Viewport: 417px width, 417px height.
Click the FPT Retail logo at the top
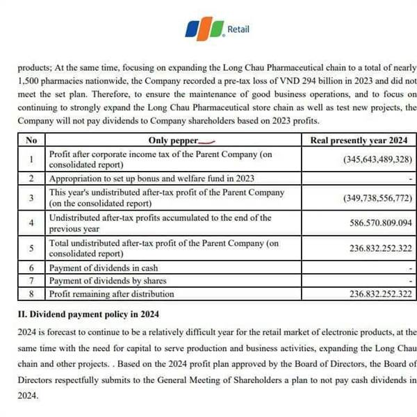point(216,30)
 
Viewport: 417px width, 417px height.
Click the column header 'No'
point(31,140)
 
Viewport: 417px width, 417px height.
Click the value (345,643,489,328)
point(378,159)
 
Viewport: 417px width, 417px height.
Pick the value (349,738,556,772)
point(378,198)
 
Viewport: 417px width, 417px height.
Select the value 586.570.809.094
point(378,224)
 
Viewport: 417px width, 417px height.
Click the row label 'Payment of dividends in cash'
point(104,268)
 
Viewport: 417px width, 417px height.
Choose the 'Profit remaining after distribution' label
point(112,294)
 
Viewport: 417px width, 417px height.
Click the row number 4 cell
point(31,223)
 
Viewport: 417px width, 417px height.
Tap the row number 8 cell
point(31,294)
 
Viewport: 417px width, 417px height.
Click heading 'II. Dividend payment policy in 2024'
point(88,313)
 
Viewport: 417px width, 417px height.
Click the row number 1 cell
point(31,159)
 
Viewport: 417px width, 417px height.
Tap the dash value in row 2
point(411,179)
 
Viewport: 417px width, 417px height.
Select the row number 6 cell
point(31,268)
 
